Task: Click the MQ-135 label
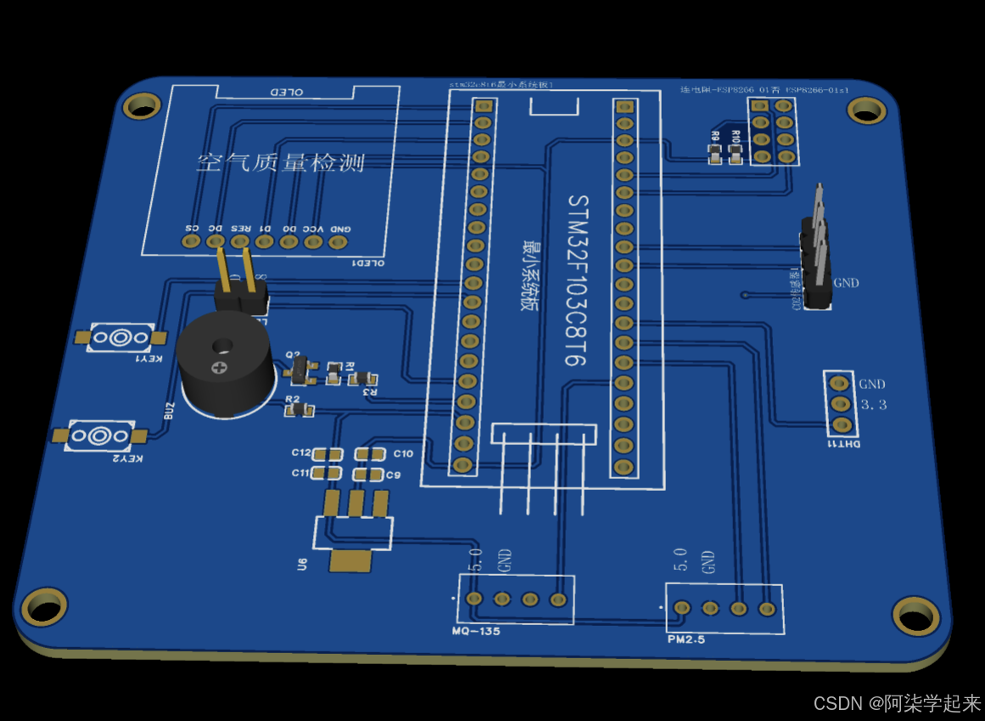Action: point(476,632)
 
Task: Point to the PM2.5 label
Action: point(686,639)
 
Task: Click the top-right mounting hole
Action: point(865,110)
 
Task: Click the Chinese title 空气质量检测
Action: point(280,162)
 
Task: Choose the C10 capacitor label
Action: point(403,453)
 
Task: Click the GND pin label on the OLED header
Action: point(341,229)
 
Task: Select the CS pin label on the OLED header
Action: point(193,228)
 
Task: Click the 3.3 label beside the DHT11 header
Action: point(873,405)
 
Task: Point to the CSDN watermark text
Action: point(897,703)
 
